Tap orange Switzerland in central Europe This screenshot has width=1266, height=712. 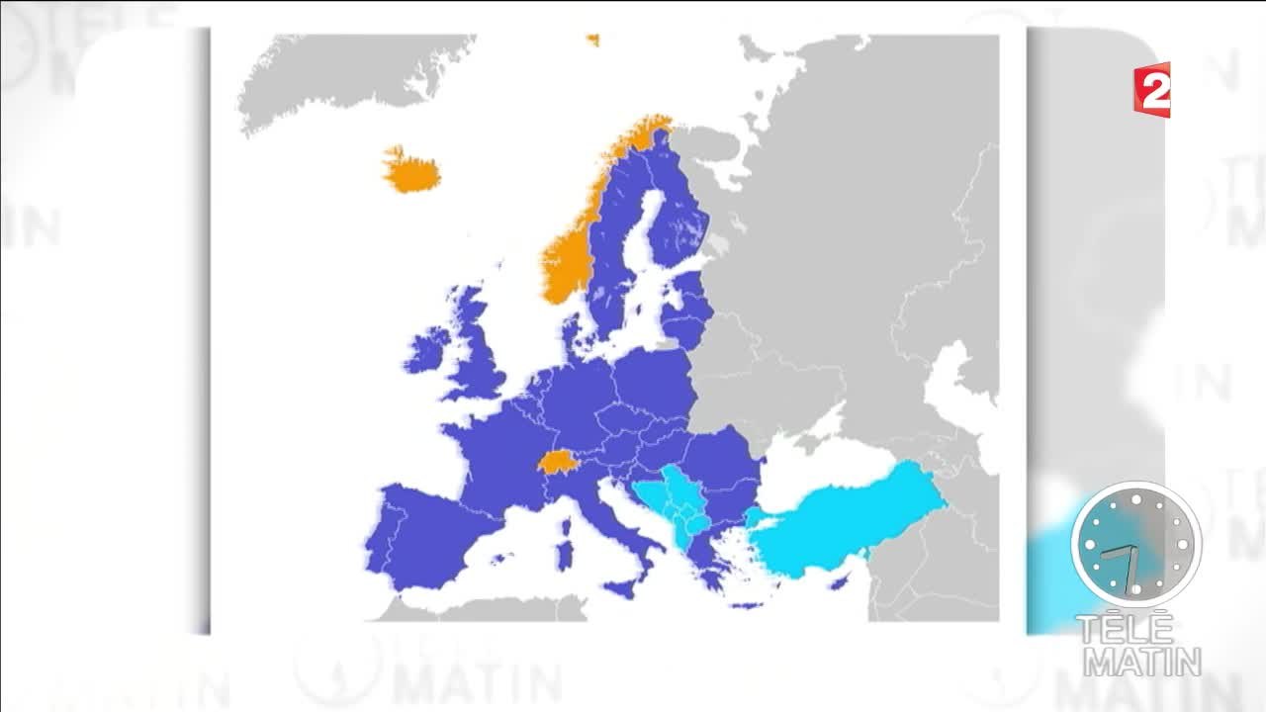[x=556, y=463]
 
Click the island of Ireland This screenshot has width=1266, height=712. [x=427, y=351]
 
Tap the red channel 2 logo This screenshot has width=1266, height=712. [x=1153, y=91]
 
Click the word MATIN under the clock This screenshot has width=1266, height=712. [x=1141, y=661]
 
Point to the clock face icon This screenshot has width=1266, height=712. [x=1135, y=544]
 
